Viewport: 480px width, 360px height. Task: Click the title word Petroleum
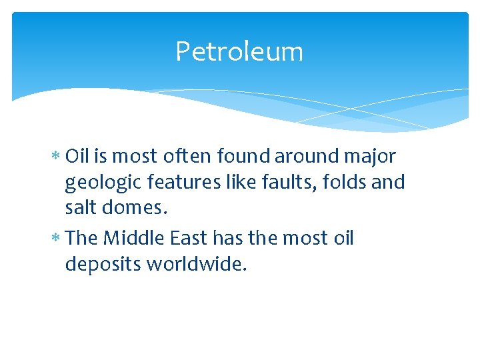pyautogui.click(x=239, y=52)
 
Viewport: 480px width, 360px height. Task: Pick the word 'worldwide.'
pyautogui.click(x=197, y=265)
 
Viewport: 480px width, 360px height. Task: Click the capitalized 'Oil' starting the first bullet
pyautogui.click(x=78, y=157)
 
